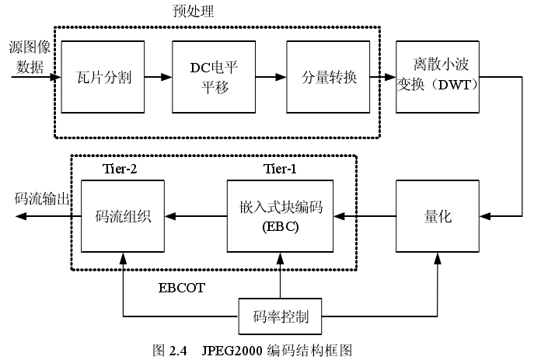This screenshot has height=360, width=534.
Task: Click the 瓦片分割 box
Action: [x=104, y=78]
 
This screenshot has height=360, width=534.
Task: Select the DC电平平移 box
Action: [x=214, y=78]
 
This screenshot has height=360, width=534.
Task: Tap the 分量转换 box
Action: [x=329, y=78]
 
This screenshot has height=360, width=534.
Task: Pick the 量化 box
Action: [x=438, y=216]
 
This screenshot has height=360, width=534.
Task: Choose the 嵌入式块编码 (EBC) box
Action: [x=281, y=216]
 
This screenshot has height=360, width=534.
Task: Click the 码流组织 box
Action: [x=124, y=216]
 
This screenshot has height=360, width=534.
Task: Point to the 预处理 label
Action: [x=193, y=11]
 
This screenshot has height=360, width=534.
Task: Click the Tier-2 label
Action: [x=121, y=169]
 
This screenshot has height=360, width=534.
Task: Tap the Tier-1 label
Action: [x=279, y=169]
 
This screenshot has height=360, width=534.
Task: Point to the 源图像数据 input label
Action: [x=29, y=56]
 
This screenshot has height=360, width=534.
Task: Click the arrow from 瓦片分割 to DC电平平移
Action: [x=158, y=78]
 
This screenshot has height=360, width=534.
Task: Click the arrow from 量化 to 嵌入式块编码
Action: [x=365, y=216]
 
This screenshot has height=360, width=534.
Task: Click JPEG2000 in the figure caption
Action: [x=231, y=351]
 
